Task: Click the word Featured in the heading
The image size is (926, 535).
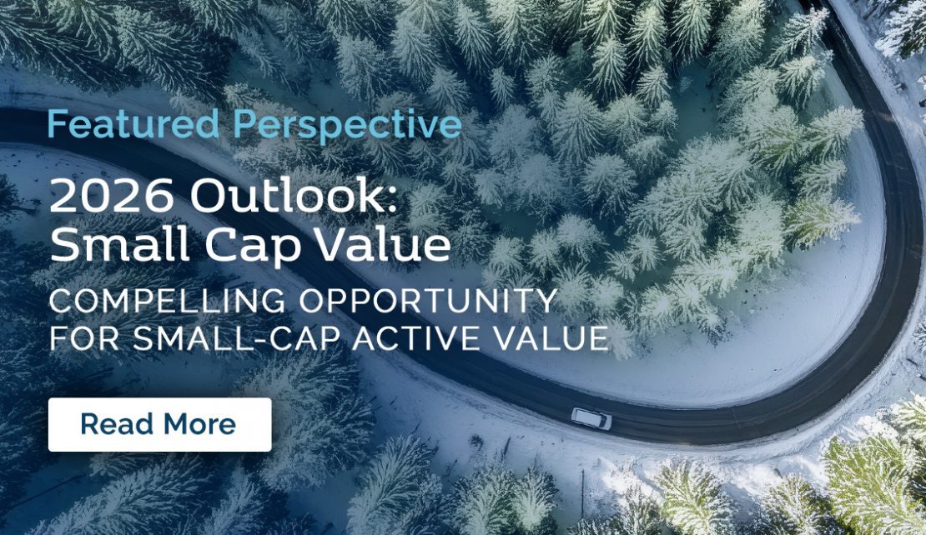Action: [134, 124]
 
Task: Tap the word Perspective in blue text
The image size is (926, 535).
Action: [347, 126]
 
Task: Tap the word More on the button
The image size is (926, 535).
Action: [199, 424]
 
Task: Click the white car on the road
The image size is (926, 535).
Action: [591, 418]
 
